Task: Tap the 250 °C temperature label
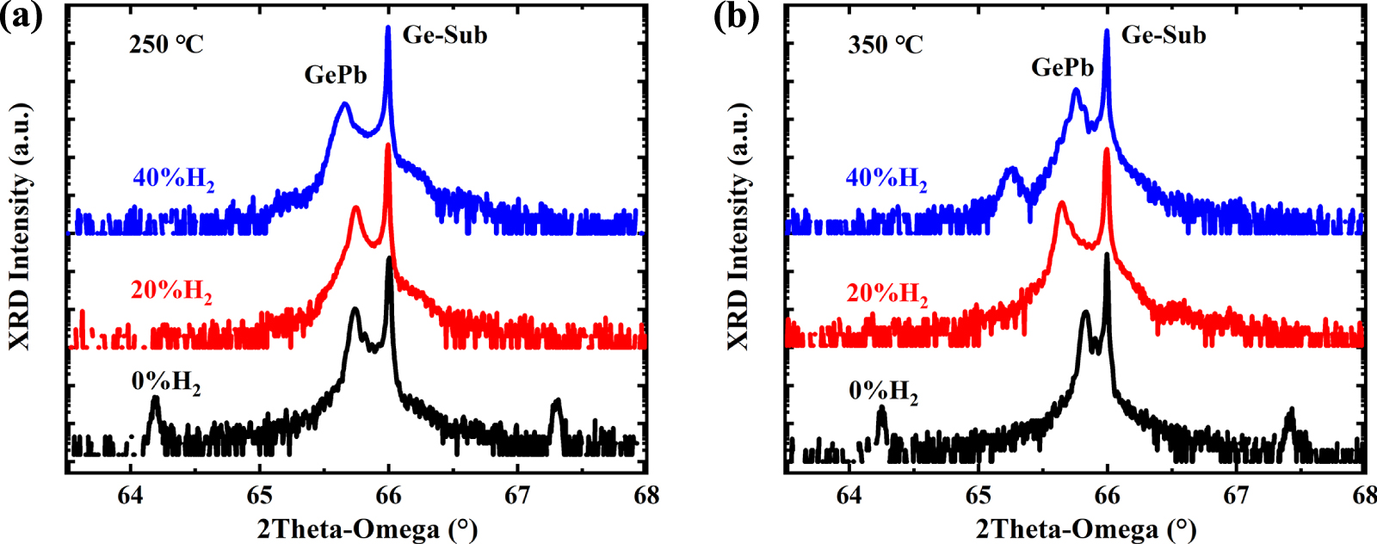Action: pyautogui.click(x=166, y=44)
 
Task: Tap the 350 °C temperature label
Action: pyautogui.click(x=885, y=44)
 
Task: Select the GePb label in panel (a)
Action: pyautogui.click(x=336, y=75)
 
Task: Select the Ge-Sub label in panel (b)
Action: pyautogui.click(x=1164, y=35)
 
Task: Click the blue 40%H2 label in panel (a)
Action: pyautogui.click(x=173, y=178)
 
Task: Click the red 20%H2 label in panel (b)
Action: pyautogui.click(x=886, y=294)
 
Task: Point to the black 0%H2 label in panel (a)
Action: pyautogui.click(x=166, y=381)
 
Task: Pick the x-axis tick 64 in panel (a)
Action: pyautogui.click(x=130, y=495)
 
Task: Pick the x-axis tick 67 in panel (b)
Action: pyautogui.click(x=1236, y=495)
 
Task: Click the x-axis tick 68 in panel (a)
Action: pyautogui.click(x=646, y=495)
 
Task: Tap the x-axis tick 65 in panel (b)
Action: pyautogui.click(x=978, y=495)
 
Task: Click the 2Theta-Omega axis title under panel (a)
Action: pyautogui.click(x=367, y=528)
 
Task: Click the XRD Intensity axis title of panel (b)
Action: pyautogui.click(x=738, y=226)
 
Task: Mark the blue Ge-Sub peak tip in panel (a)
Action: pyautogui.click(x=388, y=28)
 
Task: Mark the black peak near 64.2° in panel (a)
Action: pyautogui.click(x=155, y=399)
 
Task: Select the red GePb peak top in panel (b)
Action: pyautogui.click(x=1061, y=203)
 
